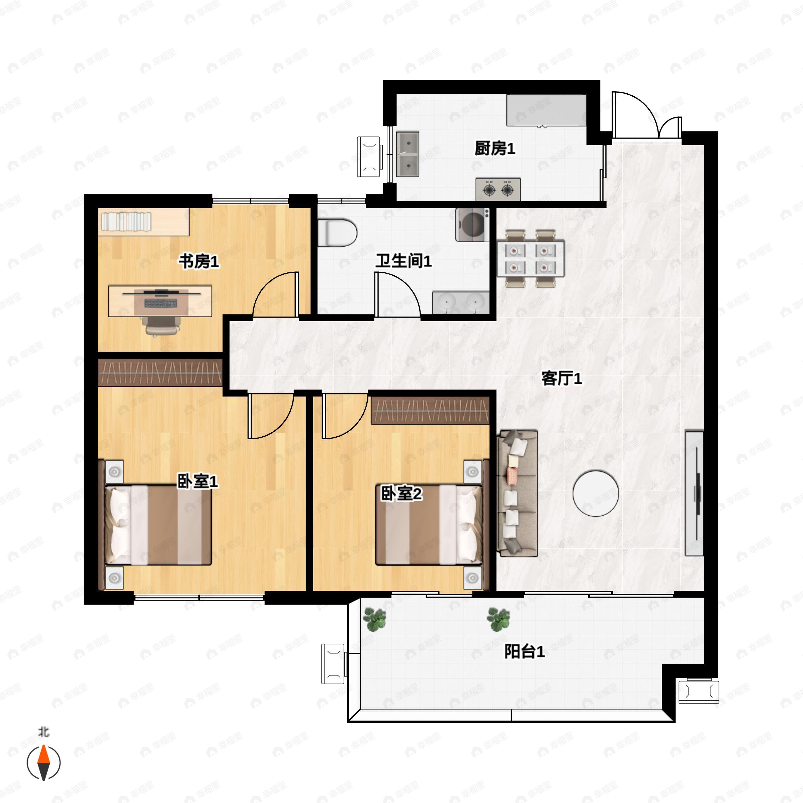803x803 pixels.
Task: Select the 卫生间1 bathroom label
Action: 404,261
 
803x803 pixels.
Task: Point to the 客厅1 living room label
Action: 561,378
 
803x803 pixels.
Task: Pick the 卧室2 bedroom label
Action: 401,494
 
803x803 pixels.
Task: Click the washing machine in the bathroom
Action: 472,225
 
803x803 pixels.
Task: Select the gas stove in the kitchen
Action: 498,189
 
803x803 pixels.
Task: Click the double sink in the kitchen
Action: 407,154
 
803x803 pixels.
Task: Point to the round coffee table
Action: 596,494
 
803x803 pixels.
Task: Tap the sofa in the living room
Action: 518,494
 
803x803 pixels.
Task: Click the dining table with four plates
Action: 530,258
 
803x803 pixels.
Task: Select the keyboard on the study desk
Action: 161,303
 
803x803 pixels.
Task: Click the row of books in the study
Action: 126,221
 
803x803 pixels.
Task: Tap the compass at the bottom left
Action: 43,763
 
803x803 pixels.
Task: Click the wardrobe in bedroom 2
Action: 430,411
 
